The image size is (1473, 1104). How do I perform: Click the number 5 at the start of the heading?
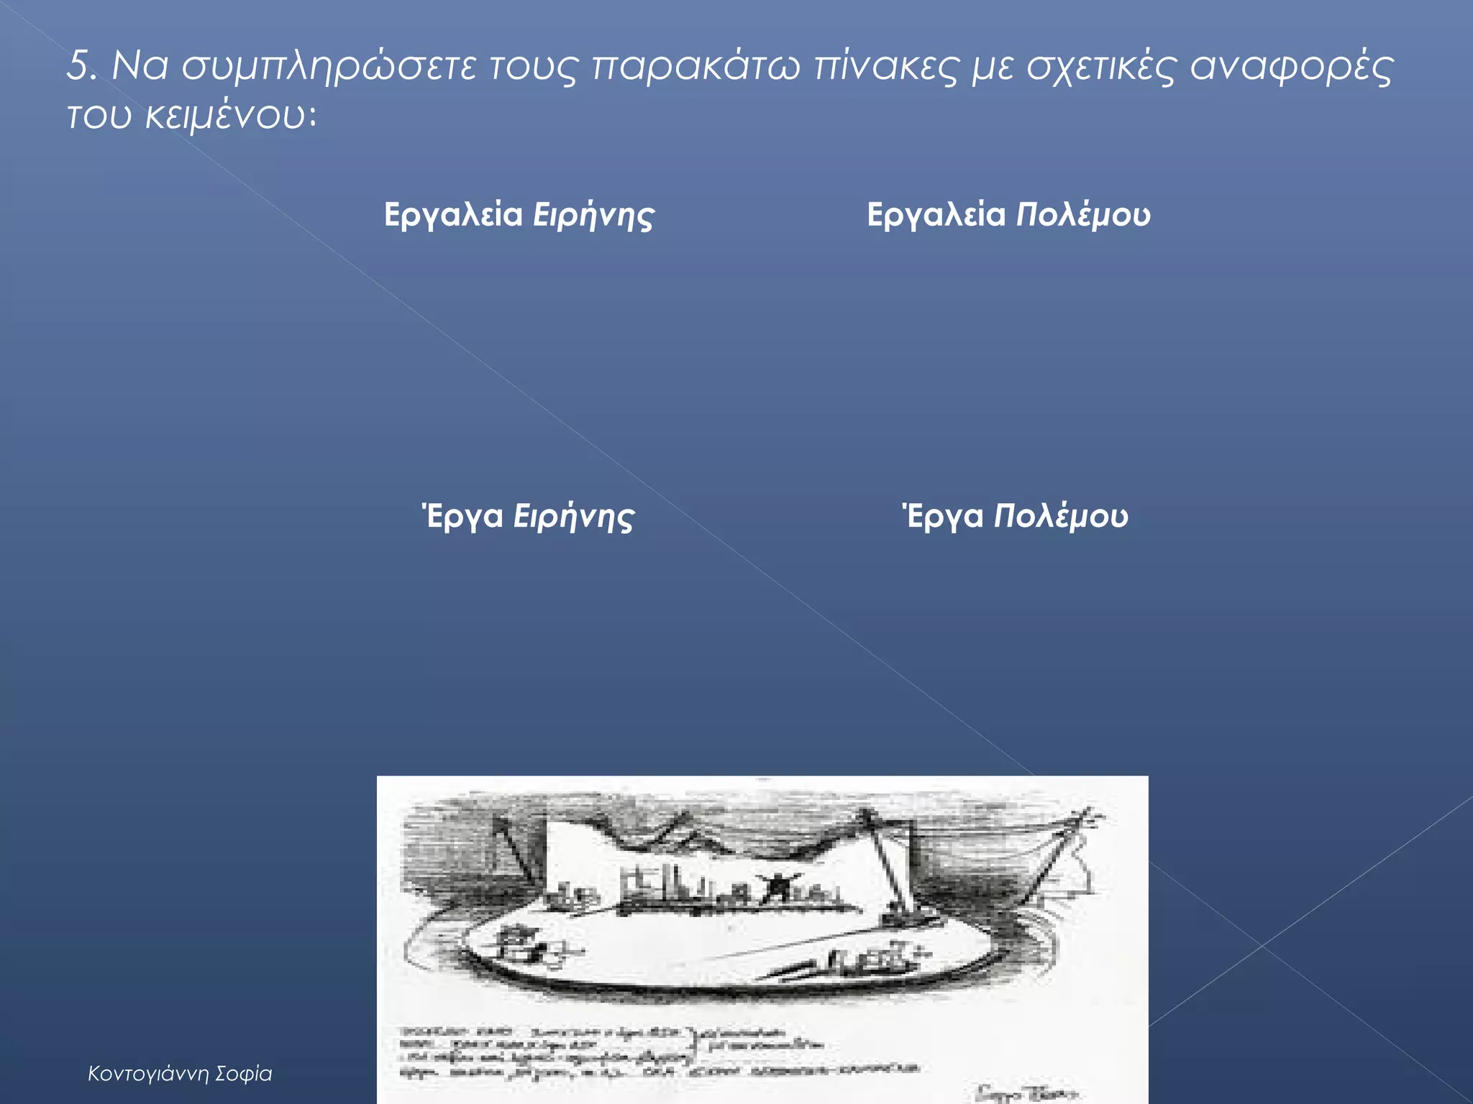coord(79,66)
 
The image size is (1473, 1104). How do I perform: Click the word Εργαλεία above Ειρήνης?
coord(453,214)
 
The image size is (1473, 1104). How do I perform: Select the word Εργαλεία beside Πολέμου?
coord(936,214)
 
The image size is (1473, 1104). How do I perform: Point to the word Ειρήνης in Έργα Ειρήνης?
coord(573,517)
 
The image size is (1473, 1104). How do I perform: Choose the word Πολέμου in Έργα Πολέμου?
coord(1060,517)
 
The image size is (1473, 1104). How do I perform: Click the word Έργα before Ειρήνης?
coord(462,517)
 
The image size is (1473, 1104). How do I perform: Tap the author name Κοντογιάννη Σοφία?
coord(180,1074)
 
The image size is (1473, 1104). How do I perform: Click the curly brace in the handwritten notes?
coord(693,1046)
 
